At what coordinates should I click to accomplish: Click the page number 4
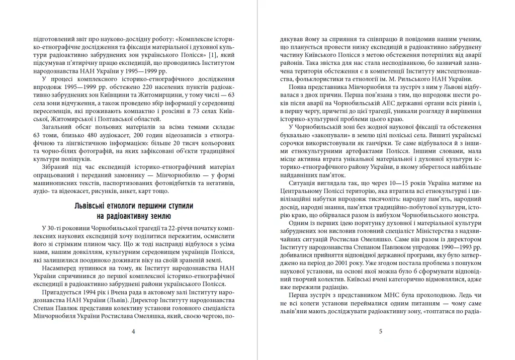tap(133, 331)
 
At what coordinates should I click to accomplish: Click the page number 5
tap(381, 331)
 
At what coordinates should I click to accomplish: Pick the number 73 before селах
tap(189, 111)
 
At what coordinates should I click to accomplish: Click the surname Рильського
tap(425, 78)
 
